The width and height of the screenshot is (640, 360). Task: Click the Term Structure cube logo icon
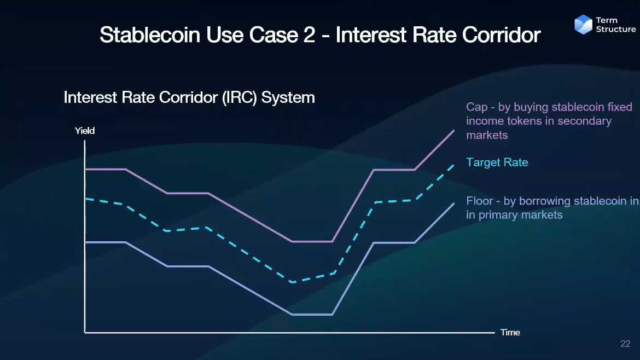[583, 25]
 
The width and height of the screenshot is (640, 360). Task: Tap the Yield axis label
[84, 131]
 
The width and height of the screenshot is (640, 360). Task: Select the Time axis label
[510, 333]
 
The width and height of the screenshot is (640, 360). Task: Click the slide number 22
[625, 344]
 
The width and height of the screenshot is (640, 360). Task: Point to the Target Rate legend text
[497, 162]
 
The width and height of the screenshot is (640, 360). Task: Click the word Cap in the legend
[477, 107]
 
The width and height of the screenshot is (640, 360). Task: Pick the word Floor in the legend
[480, 201]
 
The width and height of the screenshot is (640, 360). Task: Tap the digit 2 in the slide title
[309, 34]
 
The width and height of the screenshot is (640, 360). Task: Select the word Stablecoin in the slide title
[150, 34]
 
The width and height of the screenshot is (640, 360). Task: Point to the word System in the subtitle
[288, 97]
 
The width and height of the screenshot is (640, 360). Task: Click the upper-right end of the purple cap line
[454, 131]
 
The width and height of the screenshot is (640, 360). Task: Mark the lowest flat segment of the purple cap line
[312, 242]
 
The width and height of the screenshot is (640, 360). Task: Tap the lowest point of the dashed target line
[292, 282]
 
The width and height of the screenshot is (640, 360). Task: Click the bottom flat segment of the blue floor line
[312, 314]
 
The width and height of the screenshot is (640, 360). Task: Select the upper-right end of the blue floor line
[454, 204]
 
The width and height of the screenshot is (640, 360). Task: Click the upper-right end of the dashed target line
[453, 165]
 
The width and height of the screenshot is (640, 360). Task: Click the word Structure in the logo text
[616, 30]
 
